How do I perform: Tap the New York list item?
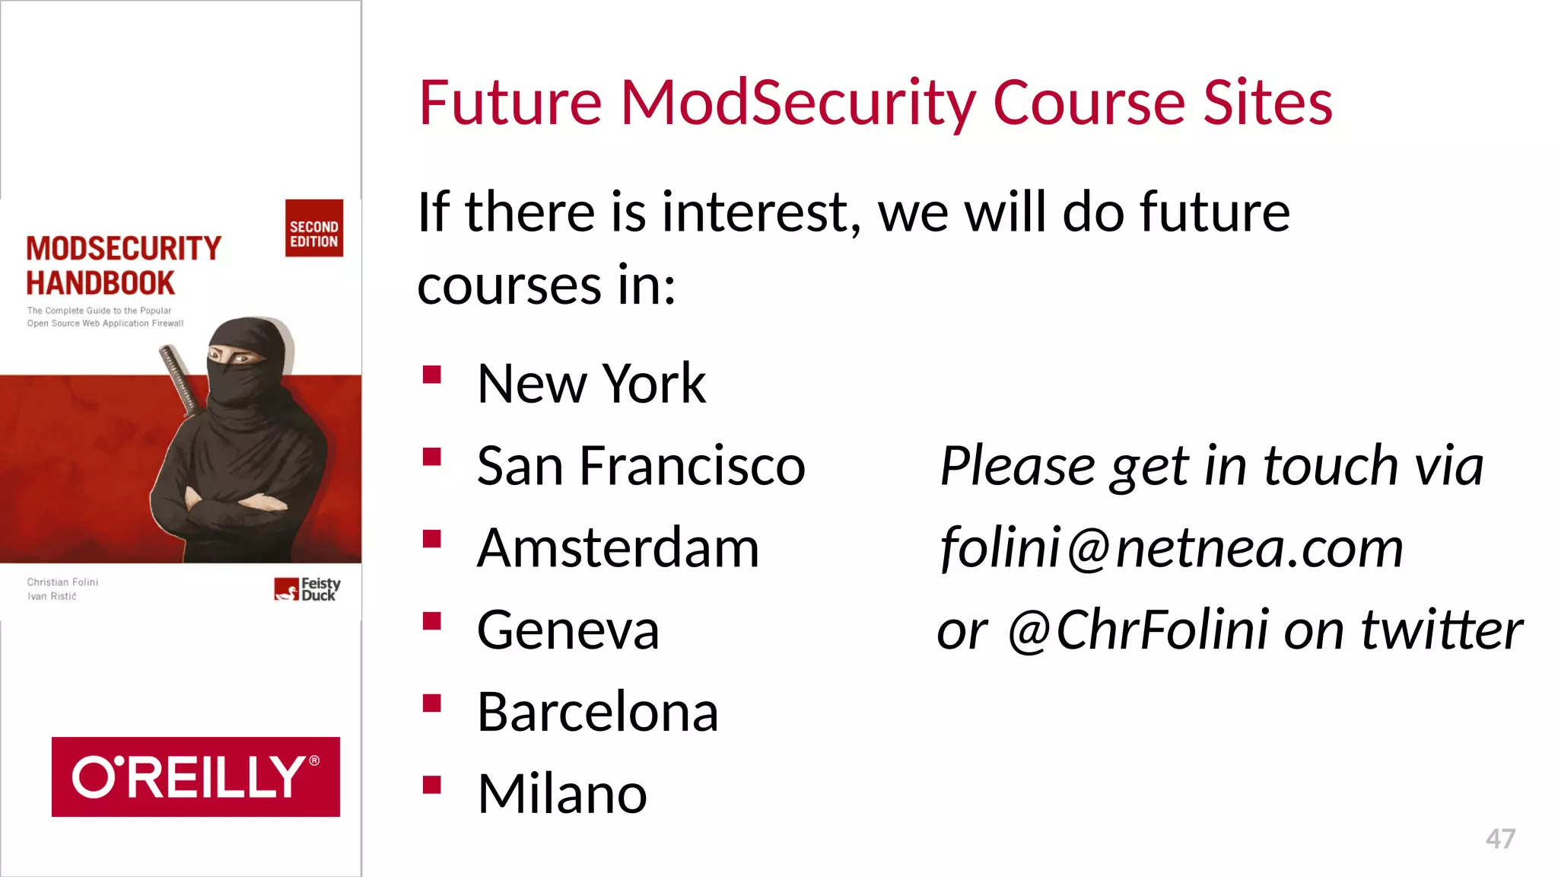click(591, 383)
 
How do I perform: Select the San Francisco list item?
click(641, 465)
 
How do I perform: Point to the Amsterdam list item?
click(618, 547)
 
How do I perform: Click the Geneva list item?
click(568, 630)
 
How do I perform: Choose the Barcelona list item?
click(597, 712)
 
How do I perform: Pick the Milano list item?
click(561, 794)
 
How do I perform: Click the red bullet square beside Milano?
click(432, 784)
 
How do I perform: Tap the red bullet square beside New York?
click(432, 374)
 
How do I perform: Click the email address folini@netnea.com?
click(1172, 547)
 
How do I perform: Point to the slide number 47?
click(1500, 839)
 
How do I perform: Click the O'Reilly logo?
click(196, 777)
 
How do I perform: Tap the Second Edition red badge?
click(314, 228)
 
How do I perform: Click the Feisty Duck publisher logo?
click(307, 589)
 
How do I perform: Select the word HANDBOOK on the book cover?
click(100, 283)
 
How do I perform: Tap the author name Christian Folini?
click(62, 582)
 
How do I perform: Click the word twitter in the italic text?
click(1442, 630)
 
